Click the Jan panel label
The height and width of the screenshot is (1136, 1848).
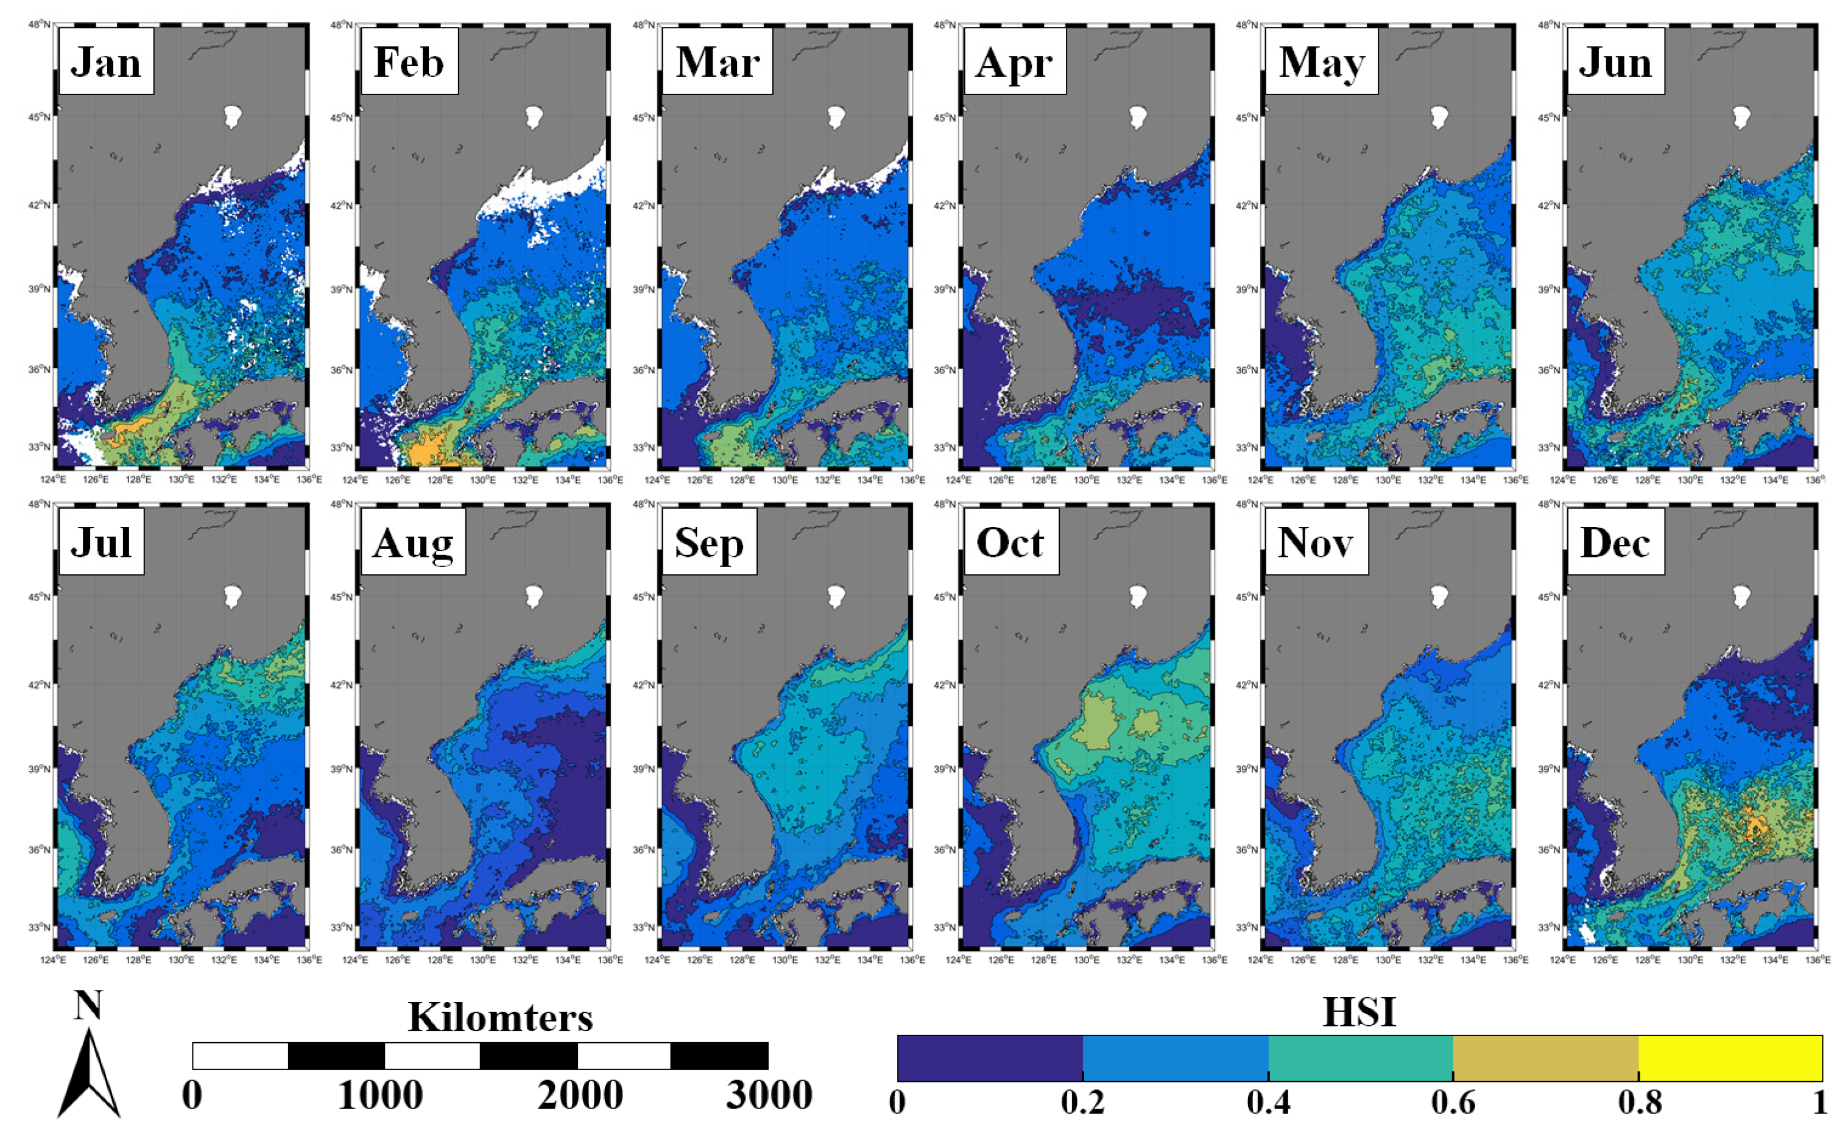tap(106, 62)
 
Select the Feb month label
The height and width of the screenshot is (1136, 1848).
tap(409, 62)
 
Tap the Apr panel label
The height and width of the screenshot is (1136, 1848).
tap(1014, 62)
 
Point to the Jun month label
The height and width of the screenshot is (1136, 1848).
tap(1615, 62)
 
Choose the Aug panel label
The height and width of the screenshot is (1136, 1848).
tap(412, 542)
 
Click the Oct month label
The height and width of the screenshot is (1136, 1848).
tap(1010, 542)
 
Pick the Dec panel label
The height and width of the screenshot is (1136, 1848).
tap(1615, 542)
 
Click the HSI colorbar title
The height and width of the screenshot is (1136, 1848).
tap(1359, 1012)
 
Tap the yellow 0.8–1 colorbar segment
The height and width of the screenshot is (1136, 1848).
tap(1730, 1058)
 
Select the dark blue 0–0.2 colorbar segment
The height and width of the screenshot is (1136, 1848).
tap(990, 1058)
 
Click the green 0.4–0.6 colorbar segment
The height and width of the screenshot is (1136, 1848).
tap(1361, 1058)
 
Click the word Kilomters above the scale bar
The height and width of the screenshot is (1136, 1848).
tap(500, 1017)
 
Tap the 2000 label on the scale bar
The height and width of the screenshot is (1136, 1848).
tap(580, 1095)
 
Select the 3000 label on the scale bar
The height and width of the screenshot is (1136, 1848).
tap(769, 1095)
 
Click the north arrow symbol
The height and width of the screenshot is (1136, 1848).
tap(90, 1074)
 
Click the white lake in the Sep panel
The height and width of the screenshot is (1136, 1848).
tap(835, 596)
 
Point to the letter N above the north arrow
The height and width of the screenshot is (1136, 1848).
tap(88, 1005)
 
